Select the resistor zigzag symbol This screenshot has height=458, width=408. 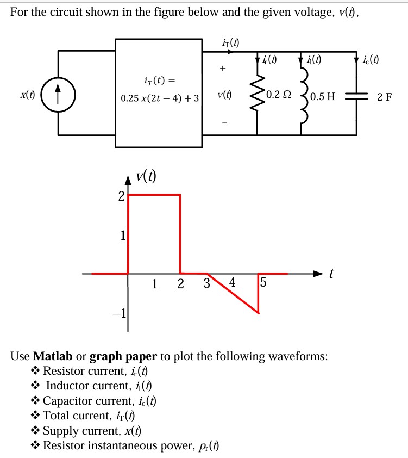coord(256,94)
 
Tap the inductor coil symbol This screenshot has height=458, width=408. coord(303,94)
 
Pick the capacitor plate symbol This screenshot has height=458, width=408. coord(356,96)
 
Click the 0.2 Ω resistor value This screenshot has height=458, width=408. coord(279,94)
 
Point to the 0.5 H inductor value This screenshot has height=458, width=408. coord(324,97)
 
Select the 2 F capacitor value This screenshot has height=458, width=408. coord(384,97)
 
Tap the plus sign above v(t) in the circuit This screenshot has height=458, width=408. coord(222,69)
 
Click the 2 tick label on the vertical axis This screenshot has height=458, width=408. coord(121,196)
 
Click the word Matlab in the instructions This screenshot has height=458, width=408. coord(53,357)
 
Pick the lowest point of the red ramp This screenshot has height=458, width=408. coord(258,313)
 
